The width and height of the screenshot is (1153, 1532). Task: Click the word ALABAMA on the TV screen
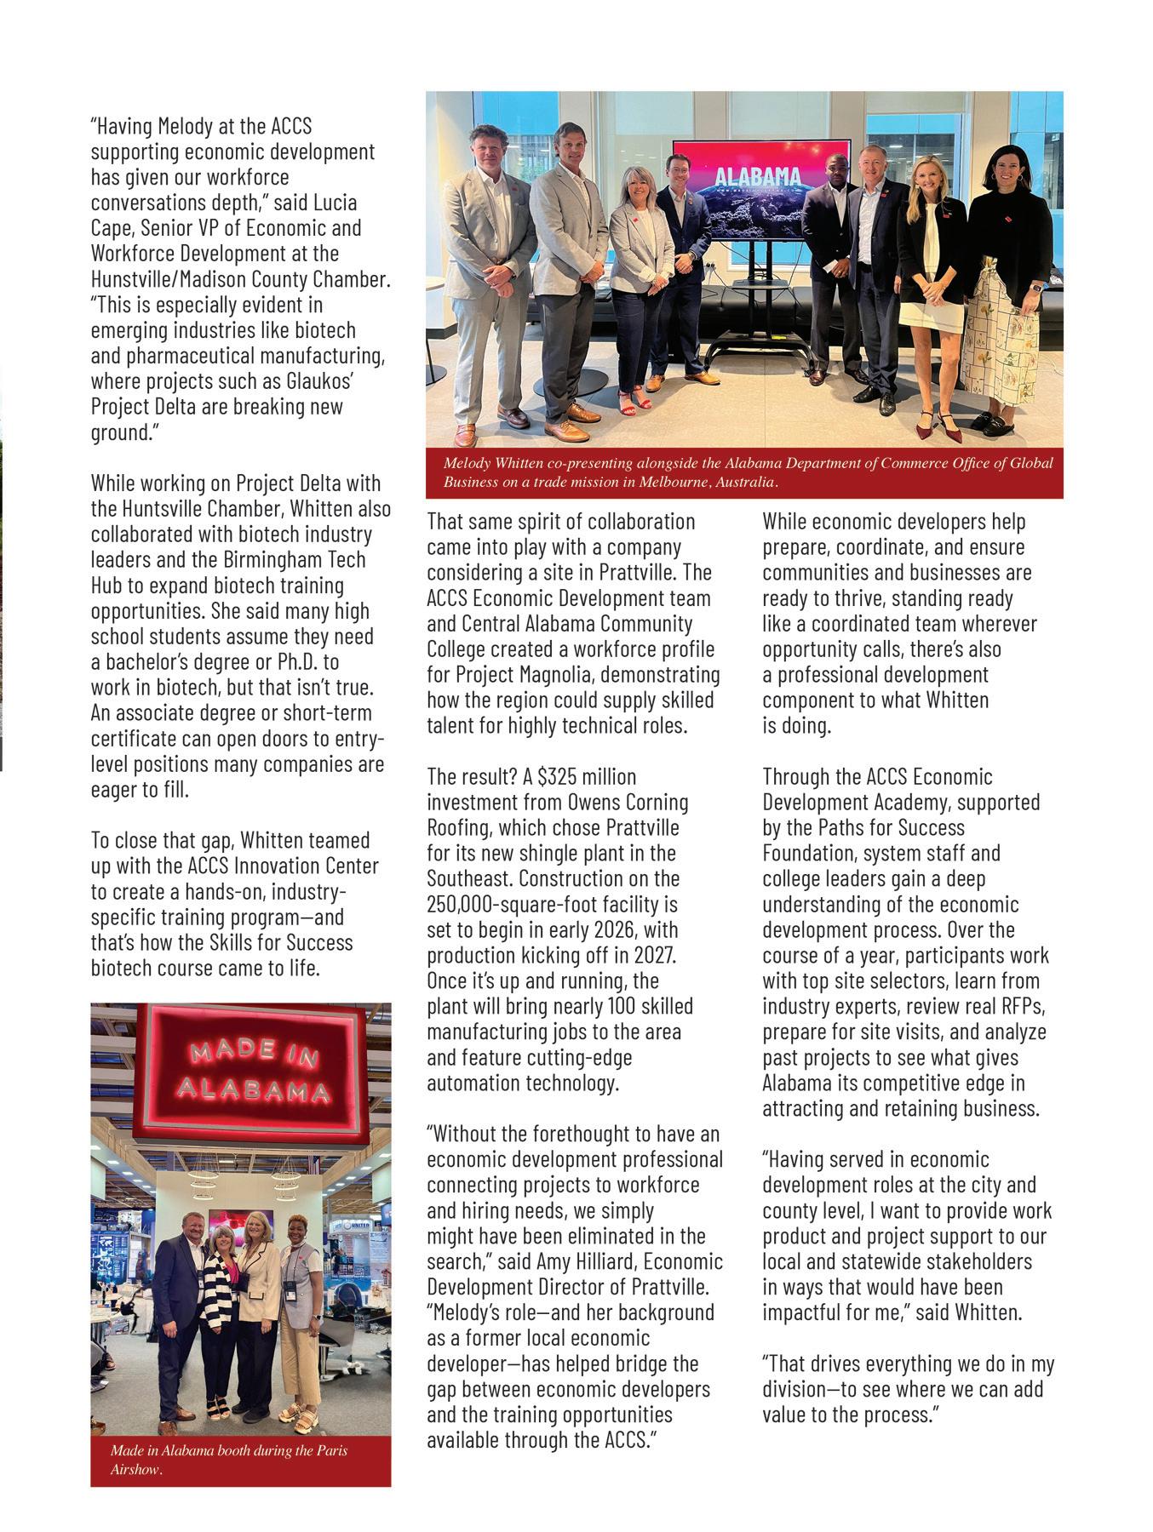coord(757,177)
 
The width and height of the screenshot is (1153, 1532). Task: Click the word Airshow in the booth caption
coord(135,1471)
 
